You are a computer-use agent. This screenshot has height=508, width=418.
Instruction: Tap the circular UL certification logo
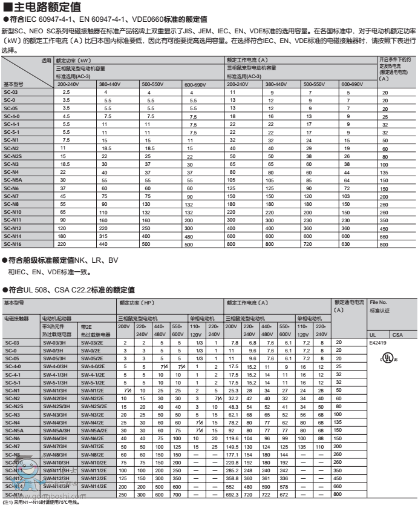(387, 358)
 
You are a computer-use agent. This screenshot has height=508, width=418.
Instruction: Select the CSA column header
(397, 334)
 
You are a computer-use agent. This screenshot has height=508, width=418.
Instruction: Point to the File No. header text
(378, 302)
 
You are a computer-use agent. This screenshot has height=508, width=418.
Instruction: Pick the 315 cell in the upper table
(103, 236)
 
